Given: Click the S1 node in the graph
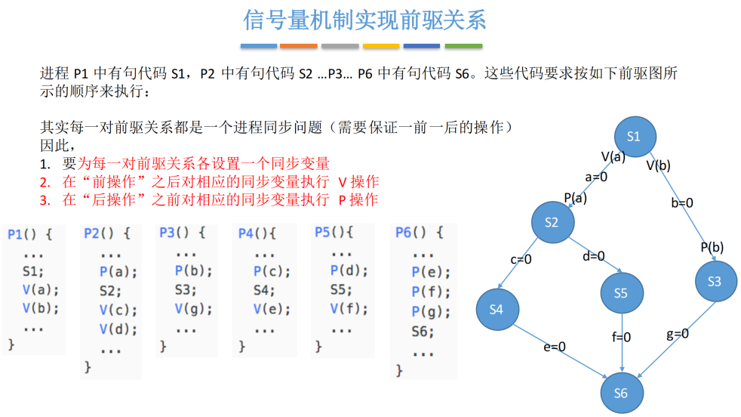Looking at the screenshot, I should coord(633,137).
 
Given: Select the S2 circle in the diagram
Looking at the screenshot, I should coord(551,221).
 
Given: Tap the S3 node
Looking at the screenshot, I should coord(715,281).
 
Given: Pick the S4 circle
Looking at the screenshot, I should coord(496,309).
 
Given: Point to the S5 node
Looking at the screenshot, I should coord(620,293).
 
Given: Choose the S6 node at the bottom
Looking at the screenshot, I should coord(620,393).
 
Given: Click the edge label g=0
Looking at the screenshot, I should coord(677,333).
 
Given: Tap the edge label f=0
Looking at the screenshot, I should coord(622,337).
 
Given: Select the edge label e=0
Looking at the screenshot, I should coord(554,347).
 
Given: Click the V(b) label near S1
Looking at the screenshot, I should coord(658,165).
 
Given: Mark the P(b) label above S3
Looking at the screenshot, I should coord(712,247).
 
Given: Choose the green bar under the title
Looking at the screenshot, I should coord(463,46).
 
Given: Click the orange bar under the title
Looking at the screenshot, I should coord(298,46).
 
